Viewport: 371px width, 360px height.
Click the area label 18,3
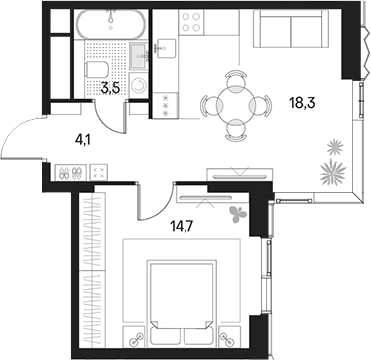pos(302,104)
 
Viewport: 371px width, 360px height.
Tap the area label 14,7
pos(182,227)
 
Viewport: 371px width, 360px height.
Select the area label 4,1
pos(83,141)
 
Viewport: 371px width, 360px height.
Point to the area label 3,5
pos(110,89)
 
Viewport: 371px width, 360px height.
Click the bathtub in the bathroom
pos(110,24)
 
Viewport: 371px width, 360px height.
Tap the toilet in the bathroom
pos(97,69)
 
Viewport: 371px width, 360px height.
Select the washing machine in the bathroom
pos(139,85)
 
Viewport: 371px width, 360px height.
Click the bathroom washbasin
pos(139,56)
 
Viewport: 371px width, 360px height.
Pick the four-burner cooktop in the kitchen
pos(191,22)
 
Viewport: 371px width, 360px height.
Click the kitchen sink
pos(166,49)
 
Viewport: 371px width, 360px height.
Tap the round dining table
pos(236,105)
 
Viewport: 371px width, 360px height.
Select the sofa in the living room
pos(291,28)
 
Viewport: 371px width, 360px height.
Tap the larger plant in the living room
pos(333,172)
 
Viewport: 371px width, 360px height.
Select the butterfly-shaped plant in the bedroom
pos(238,214)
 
